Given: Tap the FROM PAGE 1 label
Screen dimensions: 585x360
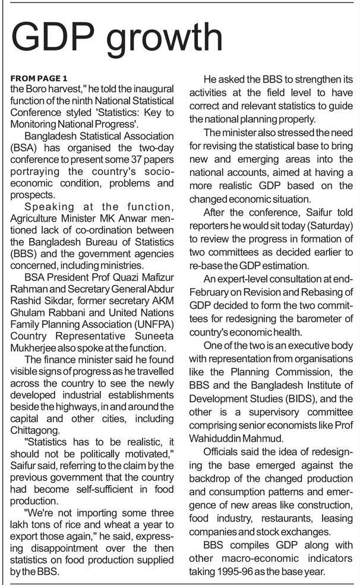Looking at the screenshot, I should (x=39, y=78).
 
